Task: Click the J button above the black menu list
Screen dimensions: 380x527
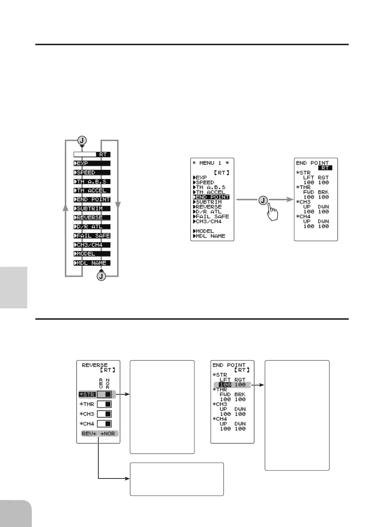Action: point(82,140)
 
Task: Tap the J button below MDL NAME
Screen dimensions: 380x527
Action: point(102,276)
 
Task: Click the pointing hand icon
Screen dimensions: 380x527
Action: point(272,212)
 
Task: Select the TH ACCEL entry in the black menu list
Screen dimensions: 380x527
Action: point(92,190)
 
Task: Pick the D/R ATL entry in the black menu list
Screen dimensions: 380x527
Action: point(92,226)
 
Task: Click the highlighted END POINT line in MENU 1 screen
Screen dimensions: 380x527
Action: point(211,197)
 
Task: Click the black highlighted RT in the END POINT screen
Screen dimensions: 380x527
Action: point(325,168)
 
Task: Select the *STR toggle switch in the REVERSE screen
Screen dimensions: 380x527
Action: point(104,394)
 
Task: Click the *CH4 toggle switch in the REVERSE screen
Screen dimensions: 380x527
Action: point(104,424)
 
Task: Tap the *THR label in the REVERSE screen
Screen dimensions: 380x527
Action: point(87,404)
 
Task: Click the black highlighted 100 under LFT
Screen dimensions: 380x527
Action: point(225,385)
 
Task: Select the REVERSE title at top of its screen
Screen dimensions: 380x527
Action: point(95,365)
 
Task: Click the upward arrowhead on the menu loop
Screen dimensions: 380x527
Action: point(66,208)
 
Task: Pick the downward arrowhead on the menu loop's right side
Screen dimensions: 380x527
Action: point(118,204)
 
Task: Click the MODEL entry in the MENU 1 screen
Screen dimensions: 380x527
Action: point(204,231)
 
